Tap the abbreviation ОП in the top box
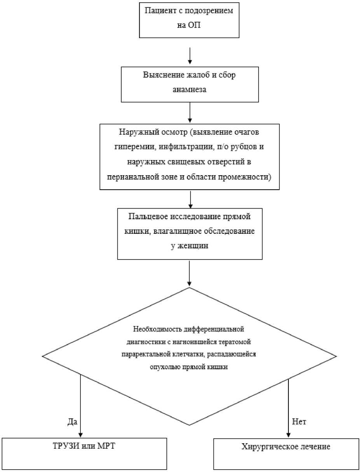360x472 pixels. click(194, 25)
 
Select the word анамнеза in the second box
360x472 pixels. click(190, 89)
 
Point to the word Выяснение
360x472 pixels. click(164, 75)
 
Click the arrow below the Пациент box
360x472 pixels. click(190, 56)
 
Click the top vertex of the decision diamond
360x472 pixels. click(189, 288)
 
